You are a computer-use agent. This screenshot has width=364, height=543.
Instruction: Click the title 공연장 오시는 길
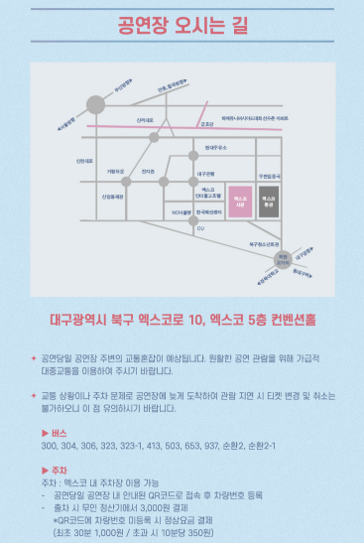[181, 24]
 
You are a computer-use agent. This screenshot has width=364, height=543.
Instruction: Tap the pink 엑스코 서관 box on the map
[240, 200]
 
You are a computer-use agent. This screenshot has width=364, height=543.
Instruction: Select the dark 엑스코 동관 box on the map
[269, 200]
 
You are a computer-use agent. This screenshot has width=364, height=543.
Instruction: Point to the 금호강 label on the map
[206, 125]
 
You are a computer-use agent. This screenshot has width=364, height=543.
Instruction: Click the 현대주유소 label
[216, 147]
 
